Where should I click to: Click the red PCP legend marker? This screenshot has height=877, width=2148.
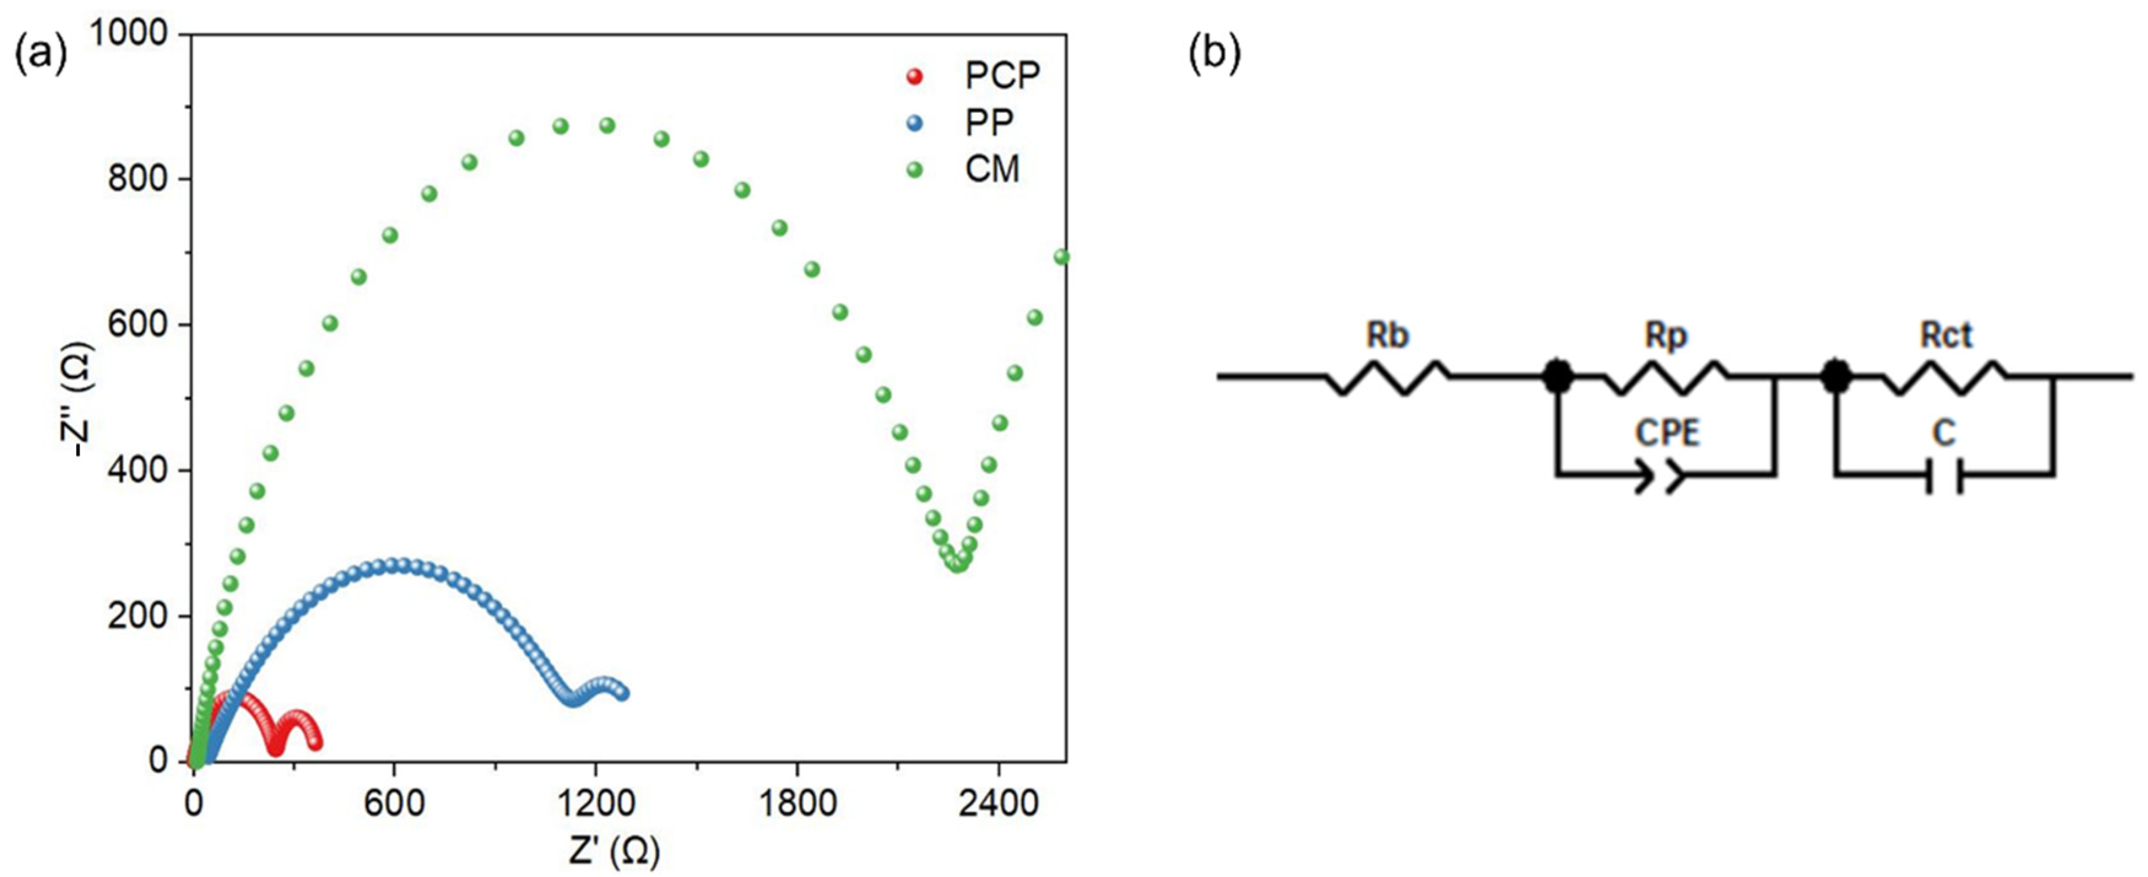[915, 77]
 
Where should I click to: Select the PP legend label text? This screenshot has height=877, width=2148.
[990, 123]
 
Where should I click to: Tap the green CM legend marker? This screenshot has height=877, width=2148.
[915, 170]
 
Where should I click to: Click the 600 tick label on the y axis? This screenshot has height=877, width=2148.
[137, 324]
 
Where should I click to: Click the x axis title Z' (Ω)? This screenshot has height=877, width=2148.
[615, 852]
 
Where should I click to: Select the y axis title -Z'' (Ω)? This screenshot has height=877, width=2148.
[81, 399]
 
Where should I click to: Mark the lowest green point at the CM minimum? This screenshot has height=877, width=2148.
[958, 564]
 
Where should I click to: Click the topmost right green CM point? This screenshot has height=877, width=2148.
[1062, 257]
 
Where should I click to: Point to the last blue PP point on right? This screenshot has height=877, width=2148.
[622, 693]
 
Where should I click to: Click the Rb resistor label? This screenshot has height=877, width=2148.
[1387, 335]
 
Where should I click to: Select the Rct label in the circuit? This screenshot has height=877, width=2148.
[1946, 335]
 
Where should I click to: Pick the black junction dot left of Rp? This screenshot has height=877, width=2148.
[1556, 377]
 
